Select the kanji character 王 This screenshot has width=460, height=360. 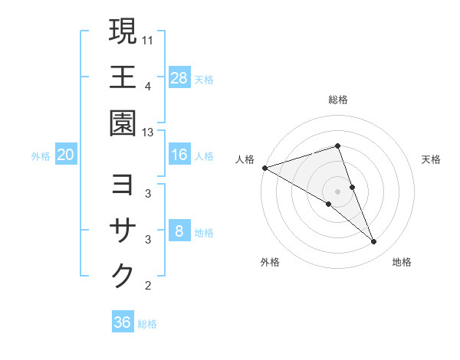tap(123, 77)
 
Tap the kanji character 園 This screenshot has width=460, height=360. tap(123, 123)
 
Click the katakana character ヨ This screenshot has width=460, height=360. tap(123, 186)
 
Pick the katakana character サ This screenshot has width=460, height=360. tap(123, 231)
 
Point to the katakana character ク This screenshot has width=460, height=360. tap(123, 276)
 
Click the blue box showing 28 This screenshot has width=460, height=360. tap(179, 78)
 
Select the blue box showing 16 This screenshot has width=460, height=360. tap(179, 155)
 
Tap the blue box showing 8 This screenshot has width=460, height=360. tap(179, 231)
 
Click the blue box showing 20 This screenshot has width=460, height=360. tap(65, 155)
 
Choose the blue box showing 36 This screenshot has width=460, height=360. tap(122, 322)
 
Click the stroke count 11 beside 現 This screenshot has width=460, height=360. tap(148, 38)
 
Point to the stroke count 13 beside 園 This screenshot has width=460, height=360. tap(148, 133)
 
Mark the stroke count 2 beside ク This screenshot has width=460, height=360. tap(148, 286)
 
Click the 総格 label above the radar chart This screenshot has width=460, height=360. tap(338, 100)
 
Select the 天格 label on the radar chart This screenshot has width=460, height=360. tap(432, 159)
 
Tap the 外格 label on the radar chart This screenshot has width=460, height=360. tap(270, 262)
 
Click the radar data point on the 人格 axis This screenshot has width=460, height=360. tap(264, 168)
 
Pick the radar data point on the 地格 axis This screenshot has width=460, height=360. tap(374, 242)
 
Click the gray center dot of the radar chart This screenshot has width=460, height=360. tap(338, 191)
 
